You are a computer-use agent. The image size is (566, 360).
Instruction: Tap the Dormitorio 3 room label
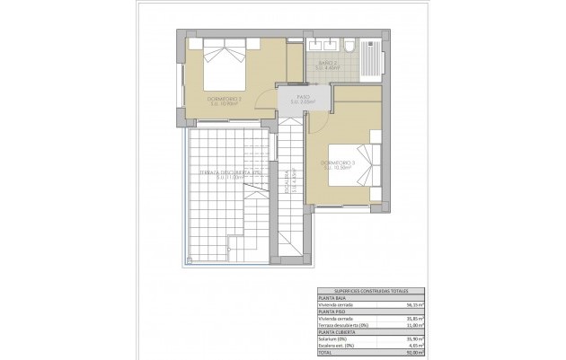point(338,164)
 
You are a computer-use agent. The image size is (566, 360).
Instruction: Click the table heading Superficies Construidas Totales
point(372,292)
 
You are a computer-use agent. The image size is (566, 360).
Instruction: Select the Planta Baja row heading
point(332,298)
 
